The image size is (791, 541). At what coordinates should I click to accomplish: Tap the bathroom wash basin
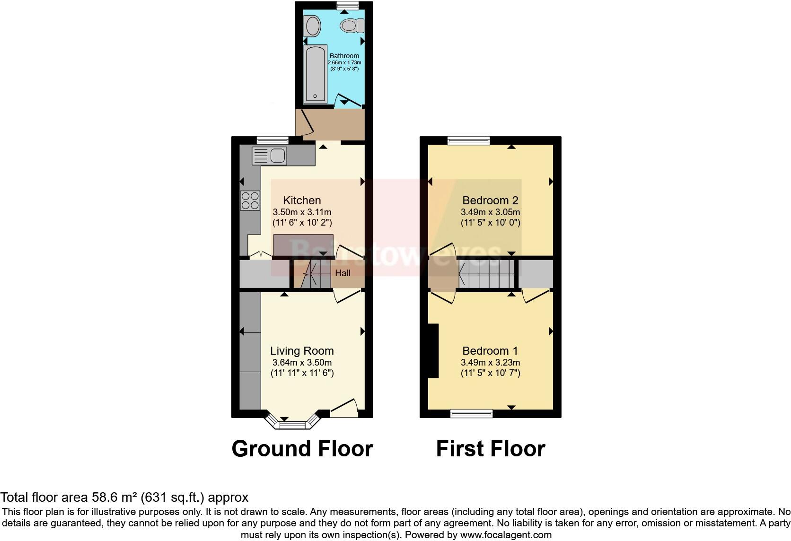point(312,26)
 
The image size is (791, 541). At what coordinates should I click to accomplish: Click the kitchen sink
point(269,156)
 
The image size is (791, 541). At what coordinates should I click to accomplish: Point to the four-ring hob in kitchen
point(250,200)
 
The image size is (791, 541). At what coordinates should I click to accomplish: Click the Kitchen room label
point(302,201)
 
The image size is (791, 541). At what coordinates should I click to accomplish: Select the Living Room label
point(302,351)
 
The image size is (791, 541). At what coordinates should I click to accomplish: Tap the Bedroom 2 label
point(491,201)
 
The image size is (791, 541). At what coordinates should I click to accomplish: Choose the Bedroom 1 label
point(490,351)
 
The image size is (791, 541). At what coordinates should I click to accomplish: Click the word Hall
point(343,273)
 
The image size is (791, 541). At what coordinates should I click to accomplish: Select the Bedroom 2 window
point(469,140)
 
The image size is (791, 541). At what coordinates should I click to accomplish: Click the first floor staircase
point(486,274)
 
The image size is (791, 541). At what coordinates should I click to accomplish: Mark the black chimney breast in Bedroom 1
point(433,350)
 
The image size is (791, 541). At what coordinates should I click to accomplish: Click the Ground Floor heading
point(302,448)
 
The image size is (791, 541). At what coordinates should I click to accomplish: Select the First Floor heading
point(491,448)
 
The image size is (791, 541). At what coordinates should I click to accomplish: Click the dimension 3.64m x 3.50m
point(302,363)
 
